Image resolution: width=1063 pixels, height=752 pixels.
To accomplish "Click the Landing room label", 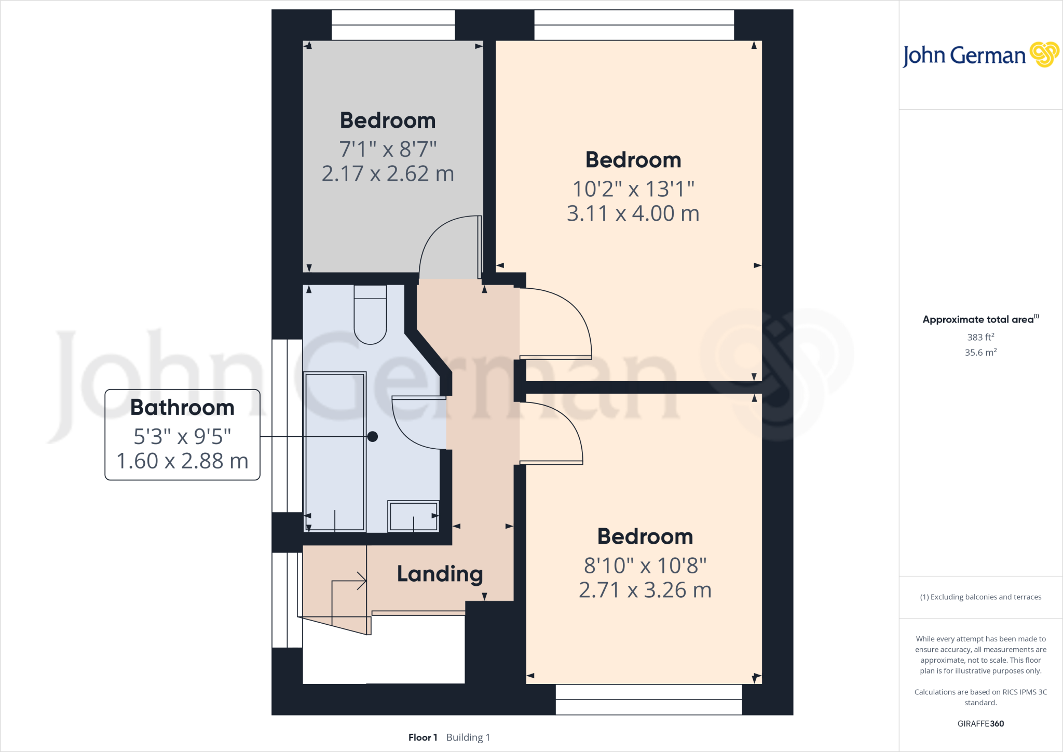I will coord(440,574).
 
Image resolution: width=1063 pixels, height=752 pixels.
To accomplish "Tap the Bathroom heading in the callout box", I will coord(182,408).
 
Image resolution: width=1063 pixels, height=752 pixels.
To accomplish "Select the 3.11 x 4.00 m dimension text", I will coord(633,213).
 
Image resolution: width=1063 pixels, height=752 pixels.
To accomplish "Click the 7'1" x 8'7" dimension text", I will coord(388,150).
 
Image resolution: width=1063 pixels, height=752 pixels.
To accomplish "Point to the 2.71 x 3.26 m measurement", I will coord(645,590).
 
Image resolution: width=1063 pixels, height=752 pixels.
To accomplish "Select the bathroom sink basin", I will coord(413,516).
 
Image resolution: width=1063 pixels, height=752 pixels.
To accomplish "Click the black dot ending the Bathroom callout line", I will coord(372,437).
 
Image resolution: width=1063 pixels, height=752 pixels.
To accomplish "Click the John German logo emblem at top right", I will coord(1044,55).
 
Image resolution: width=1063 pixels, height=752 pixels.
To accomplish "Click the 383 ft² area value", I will coord(980,337).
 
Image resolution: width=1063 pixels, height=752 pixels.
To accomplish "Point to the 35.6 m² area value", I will coord(980,353).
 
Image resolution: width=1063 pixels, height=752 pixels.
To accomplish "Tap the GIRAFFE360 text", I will coord(980,723).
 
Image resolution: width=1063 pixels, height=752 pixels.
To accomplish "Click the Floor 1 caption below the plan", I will coord(423,737).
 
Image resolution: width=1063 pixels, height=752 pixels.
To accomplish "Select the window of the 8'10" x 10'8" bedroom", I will coord(649,699).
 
